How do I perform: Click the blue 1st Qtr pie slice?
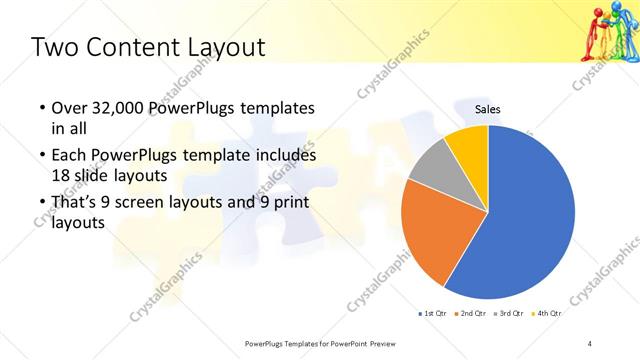pyautogui.click(x=525, y=215)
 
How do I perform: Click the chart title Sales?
pyautogui.click(x=487, y=109)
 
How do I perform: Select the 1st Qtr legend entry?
pyautogui.click(x=433, y=313)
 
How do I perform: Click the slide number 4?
pyautogui.click(x=590, y=343)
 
